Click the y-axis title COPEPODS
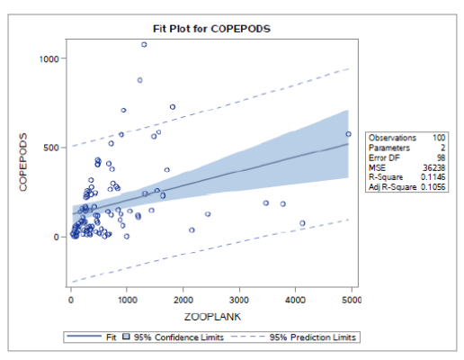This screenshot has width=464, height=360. coord(24,163)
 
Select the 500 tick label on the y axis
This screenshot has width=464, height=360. coord(50,148)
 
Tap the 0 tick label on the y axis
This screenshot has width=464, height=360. coord(56,237)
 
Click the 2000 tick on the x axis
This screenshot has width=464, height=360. coord(183,300)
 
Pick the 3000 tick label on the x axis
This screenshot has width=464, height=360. coord(239,300)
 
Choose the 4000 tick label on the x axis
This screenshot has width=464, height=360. coord(295,300)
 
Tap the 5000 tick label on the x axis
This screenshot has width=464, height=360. coord(349,300)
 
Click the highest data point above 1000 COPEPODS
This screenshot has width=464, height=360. coord(144,44)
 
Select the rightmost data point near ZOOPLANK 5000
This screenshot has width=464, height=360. coord(348,134)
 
